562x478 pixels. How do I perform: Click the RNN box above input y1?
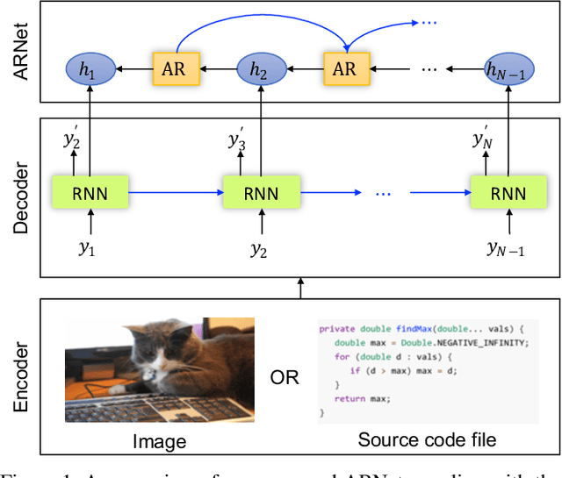pos(90,192)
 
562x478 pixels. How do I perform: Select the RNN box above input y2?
pos(260,192)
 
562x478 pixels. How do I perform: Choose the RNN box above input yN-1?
pos(508,192)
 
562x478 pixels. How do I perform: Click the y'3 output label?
pos(238,140)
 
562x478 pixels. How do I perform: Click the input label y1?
pos(88,249)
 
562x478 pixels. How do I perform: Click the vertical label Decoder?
pos(22,197)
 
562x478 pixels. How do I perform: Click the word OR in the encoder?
pos(285,378)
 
